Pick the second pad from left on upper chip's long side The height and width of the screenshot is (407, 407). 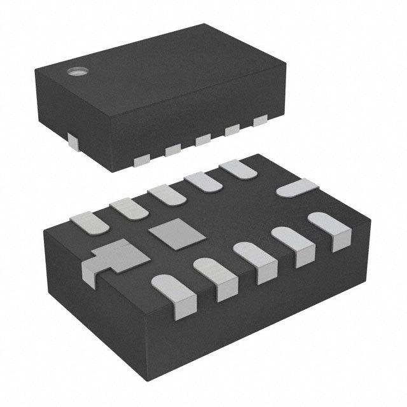point(172,150)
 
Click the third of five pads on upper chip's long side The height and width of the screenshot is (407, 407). point(202,141)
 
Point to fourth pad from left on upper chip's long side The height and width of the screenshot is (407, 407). point(231,130)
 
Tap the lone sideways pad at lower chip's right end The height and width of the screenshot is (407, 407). point(297,188)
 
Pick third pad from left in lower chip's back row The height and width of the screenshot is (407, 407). point(167,193)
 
